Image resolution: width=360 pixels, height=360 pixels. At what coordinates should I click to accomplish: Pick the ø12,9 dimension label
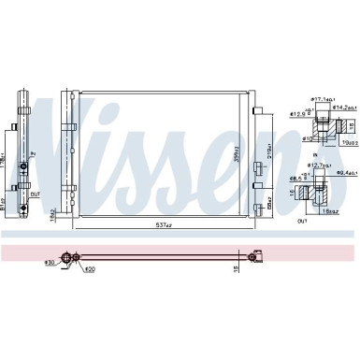[296, 115]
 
